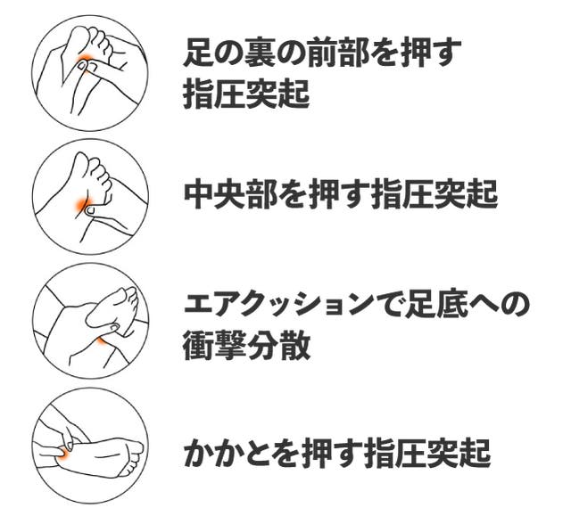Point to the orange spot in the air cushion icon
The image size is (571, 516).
[102, 340]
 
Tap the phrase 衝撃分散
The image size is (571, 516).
[247, 345]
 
